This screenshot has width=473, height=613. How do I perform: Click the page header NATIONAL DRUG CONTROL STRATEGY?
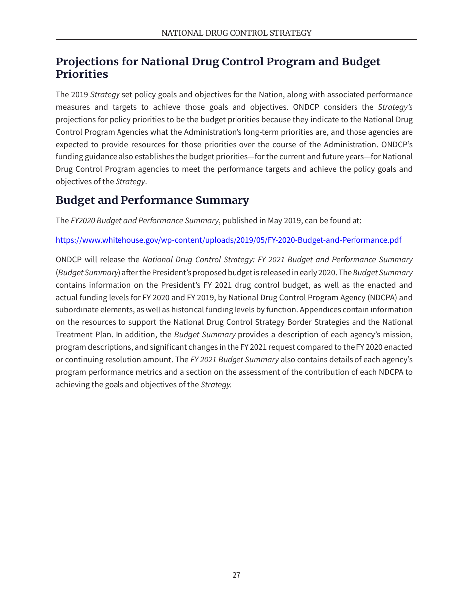236,33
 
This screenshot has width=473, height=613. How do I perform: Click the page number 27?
236,575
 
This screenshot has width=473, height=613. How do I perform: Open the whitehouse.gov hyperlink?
228,240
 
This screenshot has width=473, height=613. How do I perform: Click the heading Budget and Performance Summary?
152,200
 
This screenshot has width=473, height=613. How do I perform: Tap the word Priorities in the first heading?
82,74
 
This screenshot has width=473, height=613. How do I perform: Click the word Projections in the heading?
88,62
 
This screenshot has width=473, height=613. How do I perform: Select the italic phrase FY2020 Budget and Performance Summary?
144,221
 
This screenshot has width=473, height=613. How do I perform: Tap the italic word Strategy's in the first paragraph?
395,107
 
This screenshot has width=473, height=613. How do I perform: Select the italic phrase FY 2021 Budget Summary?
235,360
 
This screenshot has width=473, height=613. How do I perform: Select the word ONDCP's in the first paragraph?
396,145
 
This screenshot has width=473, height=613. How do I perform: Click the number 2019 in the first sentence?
79,95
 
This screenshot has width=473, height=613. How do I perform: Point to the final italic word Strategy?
216,385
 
